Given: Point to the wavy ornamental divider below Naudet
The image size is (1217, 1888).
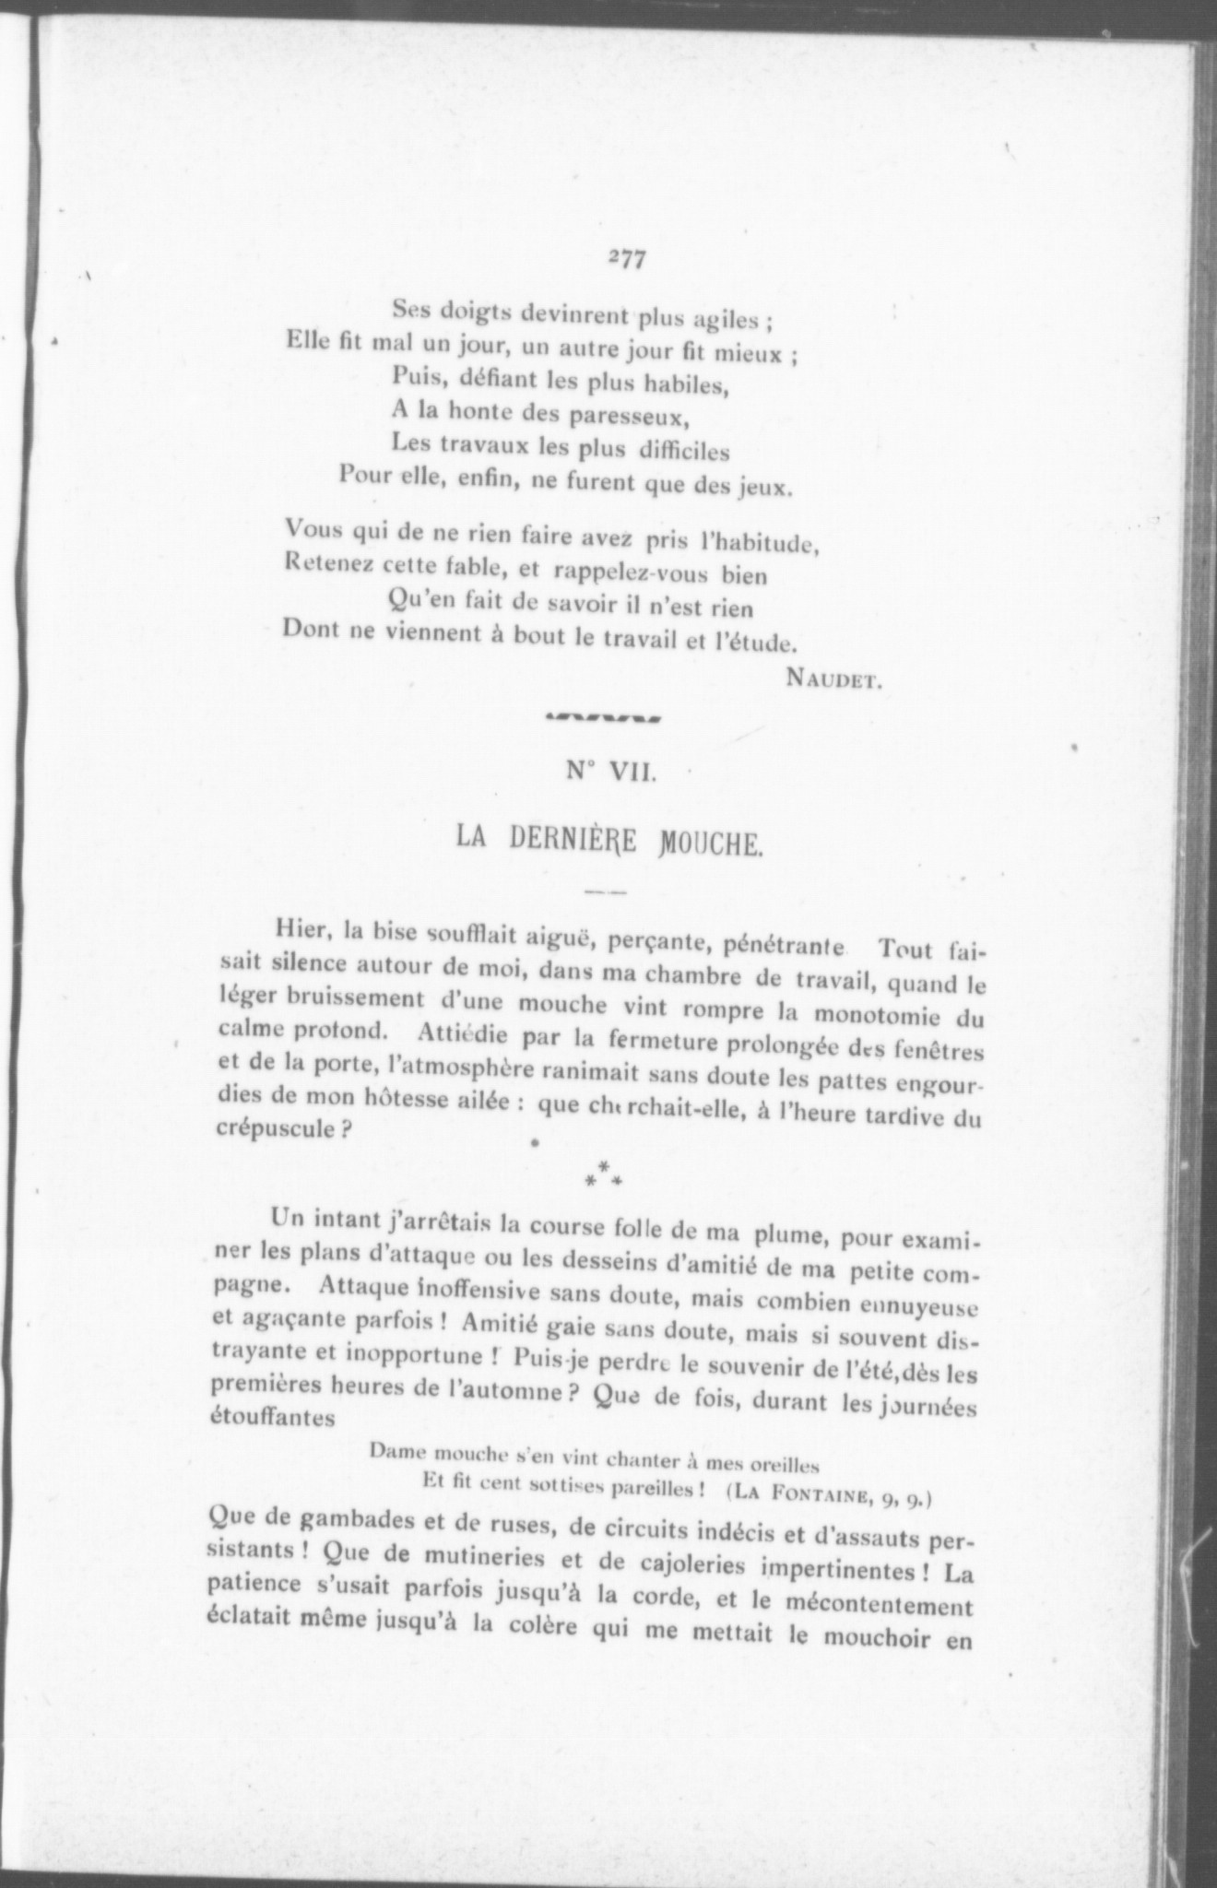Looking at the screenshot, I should (602, 718).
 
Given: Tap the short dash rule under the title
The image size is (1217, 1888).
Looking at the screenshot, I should (606, 892).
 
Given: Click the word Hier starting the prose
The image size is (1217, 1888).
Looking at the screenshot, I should (303, 929).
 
